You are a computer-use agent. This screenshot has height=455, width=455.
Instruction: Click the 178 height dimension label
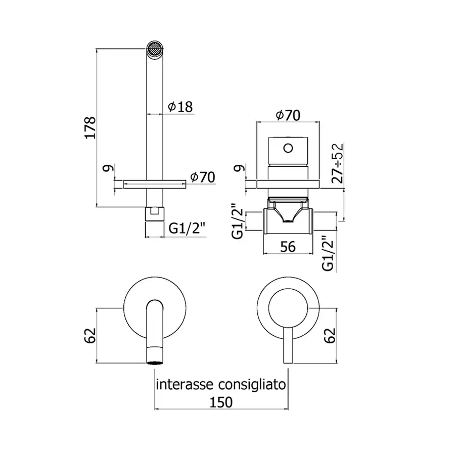pyautogui.click(x=90, y=128)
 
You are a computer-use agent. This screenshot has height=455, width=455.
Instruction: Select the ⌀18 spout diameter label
pyautogui.click(x=180, y=107)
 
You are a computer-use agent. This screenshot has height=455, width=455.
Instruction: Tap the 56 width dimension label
pyautogui.click(x=288, y=247)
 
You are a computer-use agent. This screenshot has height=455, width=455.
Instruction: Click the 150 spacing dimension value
pyautogui.click(x=221, y=402)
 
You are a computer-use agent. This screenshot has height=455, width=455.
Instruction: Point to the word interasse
pyautogui.click(x=185, y=385)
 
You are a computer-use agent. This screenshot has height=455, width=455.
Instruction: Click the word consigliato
pyautogui.click(x=252, y=385)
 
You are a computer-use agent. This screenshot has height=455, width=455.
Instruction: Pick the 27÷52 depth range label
pyautogui.click(x=338, y=163)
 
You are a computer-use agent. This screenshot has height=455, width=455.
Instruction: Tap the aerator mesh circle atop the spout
pyautogui.click(x=155, y=48)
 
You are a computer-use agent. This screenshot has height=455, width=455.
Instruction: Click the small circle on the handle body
pyautogui.click(x=288, y=148)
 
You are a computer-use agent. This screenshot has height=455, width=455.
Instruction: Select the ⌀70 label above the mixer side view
pyautogui.click(x=288, y=115)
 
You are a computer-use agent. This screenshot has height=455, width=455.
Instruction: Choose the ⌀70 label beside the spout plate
pyautogui.click(x=203, y=177)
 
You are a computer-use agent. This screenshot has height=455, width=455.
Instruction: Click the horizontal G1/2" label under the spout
pyautogui.click(x=187, y=229)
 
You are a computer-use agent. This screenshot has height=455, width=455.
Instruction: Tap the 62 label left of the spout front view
pyautogui.click(x=90, y=336)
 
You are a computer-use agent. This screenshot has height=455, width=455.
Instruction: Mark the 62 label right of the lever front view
pyautogui.click(x=330, y=336)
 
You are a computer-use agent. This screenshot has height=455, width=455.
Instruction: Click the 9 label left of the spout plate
pyautogui.click(x=108, y=168)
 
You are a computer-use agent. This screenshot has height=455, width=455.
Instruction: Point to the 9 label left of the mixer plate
pyautogui.click(x=240, y=168)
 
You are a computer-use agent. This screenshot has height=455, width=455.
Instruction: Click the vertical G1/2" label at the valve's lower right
pyautogui.click(x=328, y=253)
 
